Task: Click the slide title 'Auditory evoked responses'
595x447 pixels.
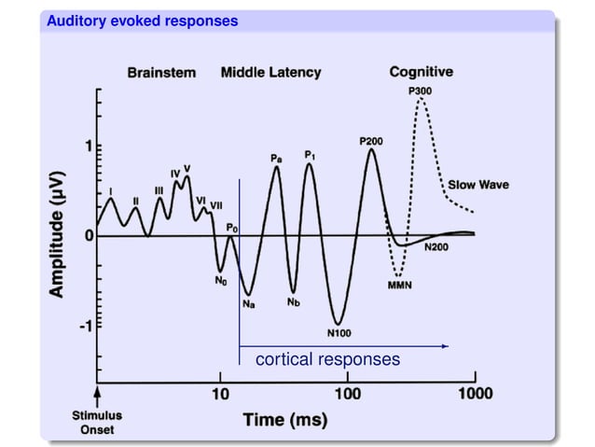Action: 143,21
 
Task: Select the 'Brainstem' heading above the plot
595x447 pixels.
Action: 161,73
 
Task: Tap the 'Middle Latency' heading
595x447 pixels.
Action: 270,73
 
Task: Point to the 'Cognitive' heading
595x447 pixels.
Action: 421,72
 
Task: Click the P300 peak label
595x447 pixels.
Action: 420,90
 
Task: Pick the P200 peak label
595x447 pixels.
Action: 371,140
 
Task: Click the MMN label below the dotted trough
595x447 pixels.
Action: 400,286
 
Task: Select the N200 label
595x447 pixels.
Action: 438,247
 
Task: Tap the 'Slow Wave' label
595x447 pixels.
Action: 478,185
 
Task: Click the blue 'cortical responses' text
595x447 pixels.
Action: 327,359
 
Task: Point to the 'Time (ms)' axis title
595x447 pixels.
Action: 285,421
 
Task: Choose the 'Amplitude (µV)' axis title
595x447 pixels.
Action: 58,234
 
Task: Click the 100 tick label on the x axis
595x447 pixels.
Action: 347,393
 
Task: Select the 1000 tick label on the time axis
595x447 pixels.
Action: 474,393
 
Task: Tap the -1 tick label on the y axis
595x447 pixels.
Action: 84,327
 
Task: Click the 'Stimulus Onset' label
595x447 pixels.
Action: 99,421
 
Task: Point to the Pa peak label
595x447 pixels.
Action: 277,160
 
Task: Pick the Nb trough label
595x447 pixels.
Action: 294,301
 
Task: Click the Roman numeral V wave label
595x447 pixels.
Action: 187,169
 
